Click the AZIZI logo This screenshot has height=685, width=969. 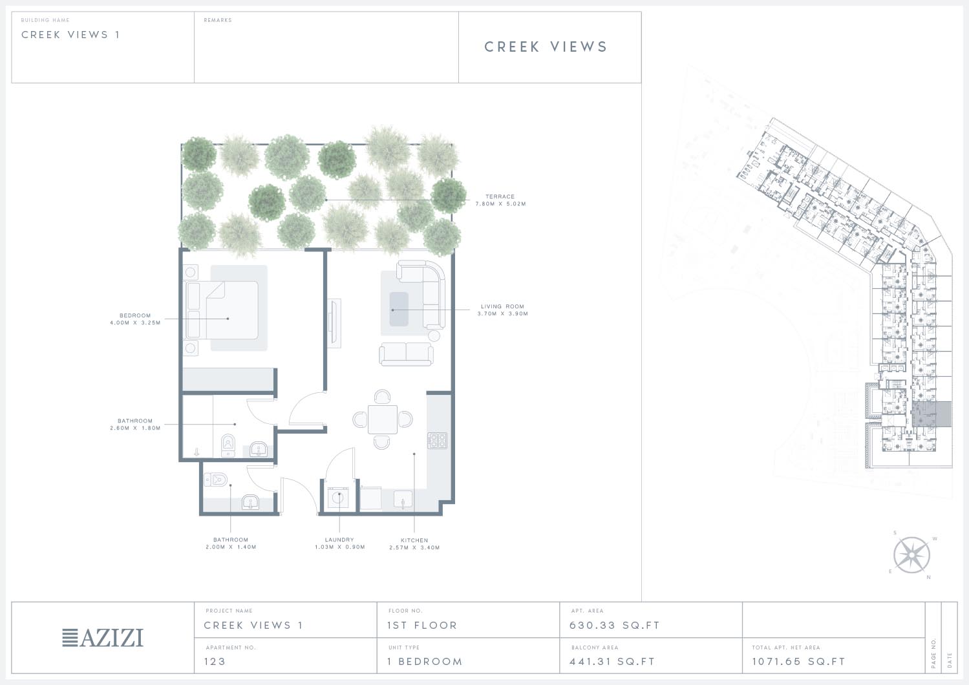click(x=103, y=638)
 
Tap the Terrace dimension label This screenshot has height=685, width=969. click(x=500, y=200)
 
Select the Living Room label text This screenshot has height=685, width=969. click(x=503, y=310)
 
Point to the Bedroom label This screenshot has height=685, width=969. click(x=135, y=319)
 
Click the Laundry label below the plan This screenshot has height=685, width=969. click(x=339, y=543)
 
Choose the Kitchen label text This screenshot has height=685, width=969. click(x=414, y=543)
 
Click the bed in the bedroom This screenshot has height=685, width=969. click(x=222, y=310)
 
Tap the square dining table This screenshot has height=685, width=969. click(x=383, y=419)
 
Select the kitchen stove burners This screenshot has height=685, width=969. click(x=437, y=440)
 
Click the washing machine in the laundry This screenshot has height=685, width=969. click(x=338, y=498)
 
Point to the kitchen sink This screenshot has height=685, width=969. click(x=403, y=500)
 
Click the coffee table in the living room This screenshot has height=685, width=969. click(x=399, y=309)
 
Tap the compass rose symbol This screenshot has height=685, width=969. click(x=911, y=555)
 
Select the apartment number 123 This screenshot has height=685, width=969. click(x=215, y=662)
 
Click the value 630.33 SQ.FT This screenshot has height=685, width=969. click(x=614, y=626)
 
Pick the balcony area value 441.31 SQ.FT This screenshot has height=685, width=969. click(x=612, y=662)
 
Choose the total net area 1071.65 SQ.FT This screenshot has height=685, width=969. click(x=798, y=662)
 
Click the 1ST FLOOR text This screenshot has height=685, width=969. click(x=422, y=626)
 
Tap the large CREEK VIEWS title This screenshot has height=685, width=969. click(x=546, y=47)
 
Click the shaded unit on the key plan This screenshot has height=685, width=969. click(x=932, y=414)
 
